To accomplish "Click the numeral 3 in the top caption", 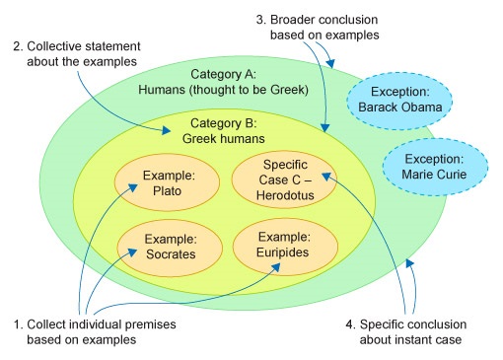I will [x=259, y=19].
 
